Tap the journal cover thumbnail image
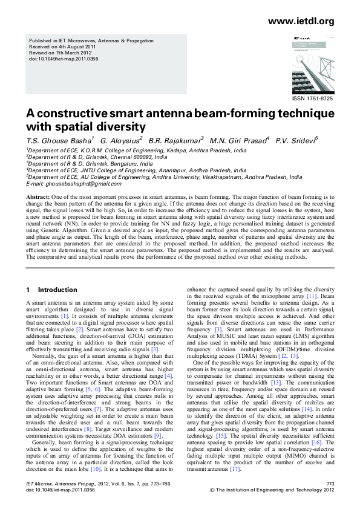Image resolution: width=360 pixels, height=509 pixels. click(310, 63)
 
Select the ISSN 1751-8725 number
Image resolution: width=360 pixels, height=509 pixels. click(312, 98)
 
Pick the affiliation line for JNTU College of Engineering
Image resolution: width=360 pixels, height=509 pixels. click(136, 170)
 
